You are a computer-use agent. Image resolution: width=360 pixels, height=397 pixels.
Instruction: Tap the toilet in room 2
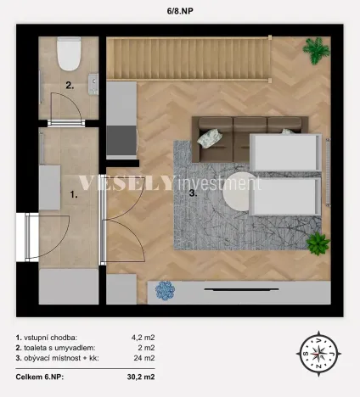click(x=69, y=53)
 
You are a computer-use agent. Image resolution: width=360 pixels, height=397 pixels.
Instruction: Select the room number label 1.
click(x=75, y=194)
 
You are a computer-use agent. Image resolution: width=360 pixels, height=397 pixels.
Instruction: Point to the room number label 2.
click(x=70, y=85)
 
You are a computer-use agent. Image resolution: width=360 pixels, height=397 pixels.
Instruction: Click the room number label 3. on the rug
click(x=194, y=193)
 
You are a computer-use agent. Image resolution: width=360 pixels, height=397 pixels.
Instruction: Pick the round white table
click(x=233, y=196)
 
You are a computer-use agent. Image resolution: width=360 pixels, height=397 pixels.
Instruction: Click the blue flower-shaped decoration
click(x=165, y=291)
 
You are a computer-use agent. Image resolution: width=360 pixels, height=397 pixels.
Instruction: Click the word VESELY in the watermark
click(x=127, y=183)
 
